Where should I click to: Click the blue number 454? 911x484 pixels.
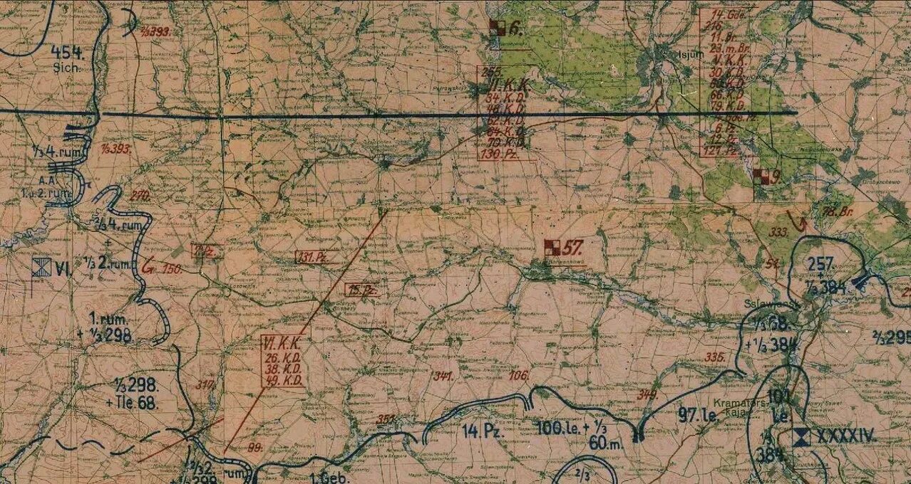(x=68, y=53)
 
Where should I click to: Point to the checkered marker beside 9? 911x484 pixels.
(x=761, y=177)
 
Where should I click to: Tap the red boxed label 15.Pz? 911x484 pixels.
(x=361, y=289)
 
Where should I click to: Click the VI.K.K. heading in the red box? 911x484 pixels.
(x=282, y=343)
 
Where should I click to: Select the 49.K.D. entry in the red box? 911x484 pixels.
(x=282, y=381)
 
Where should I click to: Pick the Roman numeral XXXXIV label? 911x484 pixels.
(x=845, y=436)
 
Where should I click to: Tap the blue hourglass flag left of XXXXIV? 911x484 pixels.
(x=803, y=436)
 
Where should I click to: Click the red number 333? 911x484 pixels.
(x=778, y=232)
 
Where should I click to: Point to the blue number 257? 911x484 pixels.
(x=820, y=265)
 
